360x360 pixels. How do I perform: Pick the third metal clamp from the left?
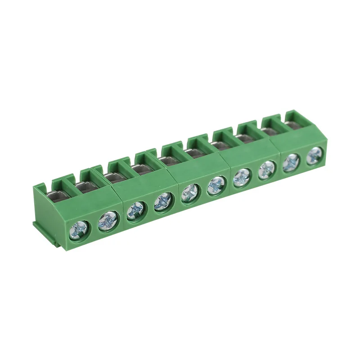(115, 176)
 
